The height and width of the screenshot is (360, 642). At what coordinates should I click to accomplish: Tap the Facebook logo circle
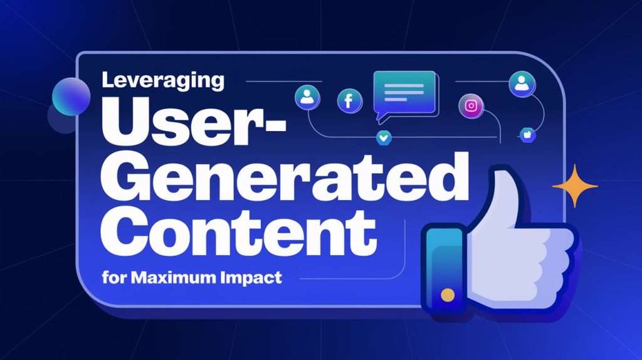tap(349, 100)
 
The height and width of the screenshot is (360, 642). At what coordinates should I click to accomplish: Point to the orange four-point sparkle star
tap(574, 185)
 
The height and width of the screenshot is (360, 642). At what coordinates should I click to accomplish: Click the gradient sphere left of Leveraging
tap(70, 97)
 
